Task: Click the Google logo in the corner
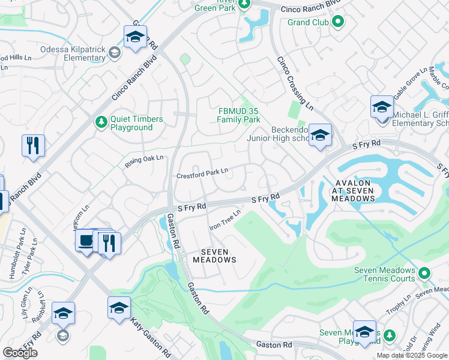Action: click(20, 353)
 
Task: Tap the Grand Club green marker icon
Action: click(337, 23)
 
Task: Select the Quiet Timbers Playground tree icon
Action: click(101, 122)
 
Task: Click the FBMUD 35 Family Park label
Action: click(238, 115)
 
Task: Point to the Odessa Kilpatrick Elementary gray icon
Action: click(113, 53)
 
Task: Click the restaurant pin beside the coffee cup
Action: click(109, 242)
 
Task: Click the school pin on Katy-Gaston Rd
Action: click(119, 308)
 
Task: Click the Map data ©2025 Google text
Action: click(412, 355)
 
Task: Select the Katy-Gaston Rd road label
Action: click(151, 332)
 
